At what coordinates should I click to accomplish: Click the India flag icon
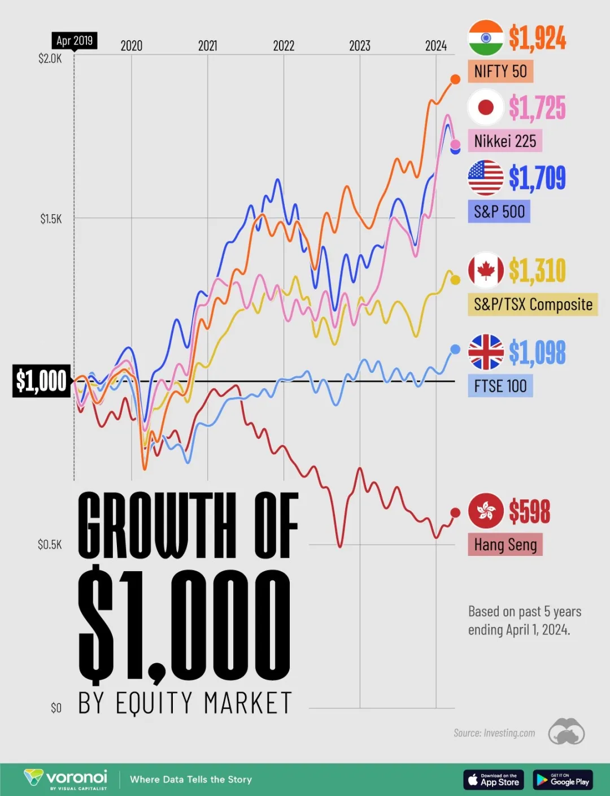(x=485, y=38)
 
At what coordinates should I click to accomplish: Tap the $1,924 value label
(x=537, y=38)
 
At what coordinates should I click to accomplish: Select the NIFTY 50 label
(x=500, y=72)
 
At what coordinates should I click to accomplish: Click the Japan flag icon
(x=485, y=107)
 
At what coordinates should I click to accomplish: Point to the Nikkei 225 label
(x=505, y=141)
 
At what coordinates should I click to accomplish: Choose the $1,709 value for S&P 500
(x=537, y=177)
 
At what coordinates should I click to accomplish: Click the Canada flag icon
(x=485, y=271)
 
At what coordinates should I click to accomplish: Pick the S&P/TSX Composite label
(x=533, y=305)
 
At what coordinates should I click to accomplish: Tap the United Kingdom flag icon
(x=485, y=352)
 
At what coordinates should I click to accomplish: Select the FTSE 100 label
(x=500, y=386)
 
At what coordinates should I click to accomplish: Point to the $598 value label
(x=529, y=511)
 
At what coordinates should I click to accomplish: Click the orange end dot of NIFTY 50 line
(x=455, y=80)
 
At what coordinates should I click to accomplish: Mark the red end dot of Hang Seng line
(x=455, y=513)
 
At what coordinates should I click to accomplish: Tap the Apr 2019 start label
(x=75, y=41)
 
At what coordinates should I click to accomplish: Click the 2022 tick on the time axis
(x=284, y=46)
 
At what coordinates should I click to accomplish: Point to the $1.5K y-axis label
(x=51, y=219)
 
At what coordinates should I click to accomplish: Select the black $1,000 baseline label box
(x=41, y=381)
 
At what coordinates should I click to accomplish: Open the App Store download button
(x=494, y=780)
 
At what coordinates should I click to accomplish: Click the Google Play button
(x=563, y=780)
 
